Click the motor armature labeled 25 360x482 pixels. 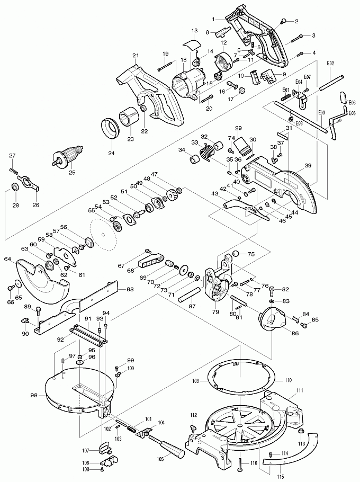[68, 157]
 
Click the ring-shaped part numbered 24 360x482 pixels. [112, 129]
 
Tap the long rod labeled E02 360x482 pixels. [329, 79]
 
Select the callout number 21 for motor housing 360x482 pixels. [135, 56]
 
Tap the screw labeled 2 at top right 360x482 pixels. [284, 21]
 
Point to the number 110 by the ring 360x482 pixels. [288, 381]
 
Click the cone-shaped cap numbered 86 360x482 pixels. [272, 321]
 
